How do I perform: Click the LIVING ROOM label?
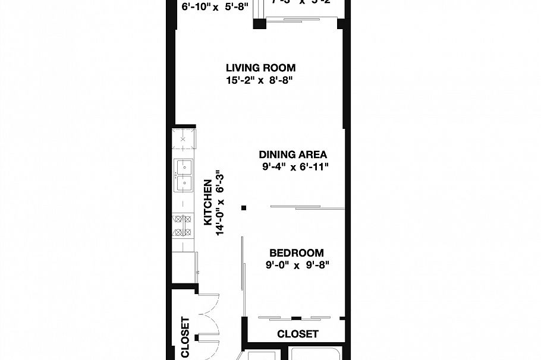pyautogui.click(x=260, y=68)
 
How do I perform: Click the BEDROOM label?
pyautogui.click(x=296, y=252)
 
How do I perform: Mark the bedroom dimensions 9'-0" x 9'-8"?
pyautogui.click(x=297, y=265)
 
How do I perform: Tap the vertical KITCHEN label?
pyautogui.click(x=208, y=203)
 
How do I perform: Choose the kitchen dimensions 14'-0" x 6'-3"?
pyautogui.click(x=220, y=203)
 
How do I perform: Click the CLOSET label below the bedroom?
pyautogui.click(x=297, y=334)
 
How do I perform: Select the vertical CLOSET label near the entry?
pyautogui.click(x=185, y=337)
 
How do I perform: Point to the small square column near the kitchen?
pyautogui.click(x=244, y=207)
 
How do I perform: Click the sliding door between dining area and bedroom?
pyautogui.click(x=307, y=207)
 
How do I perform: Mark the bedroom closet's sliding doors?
pyautogui.click(x=296, y=317)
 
